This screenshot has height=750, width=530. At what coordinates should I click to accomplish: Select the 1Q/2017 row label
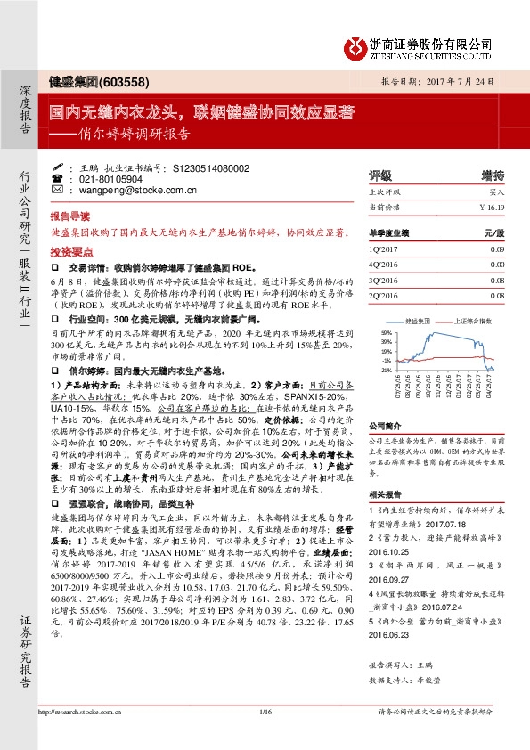pyautogui.click(x=383, y=250)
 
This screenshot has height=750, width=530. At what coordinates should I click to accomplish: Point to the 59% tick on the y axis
pyautogui.click(x=386, y=330)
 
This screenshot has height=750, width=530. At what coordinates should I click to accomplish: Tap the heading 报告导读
pyautogui.click(x=70, y=216)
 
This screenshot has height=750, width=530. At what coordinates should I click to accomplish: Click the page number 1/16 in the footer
pyautogui.click(x=264, y=737)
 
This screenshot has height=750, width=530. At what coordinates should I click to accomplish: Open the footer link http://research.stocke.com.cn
pyautogui.click(x=79, y=737)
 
